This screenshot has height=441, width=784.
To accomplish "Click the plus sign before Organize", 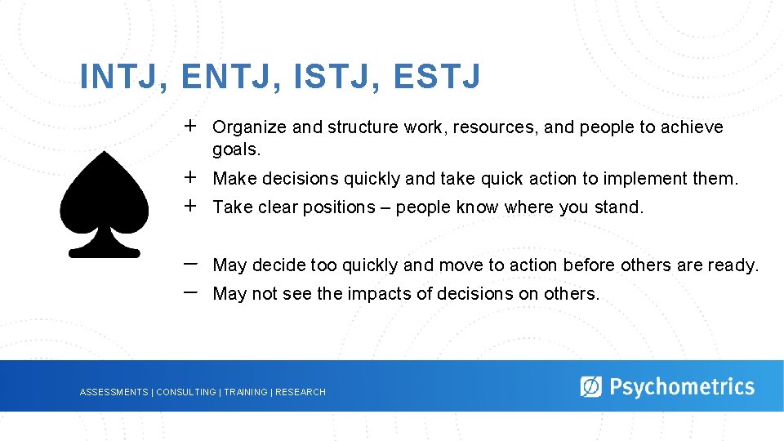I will pos(189,126).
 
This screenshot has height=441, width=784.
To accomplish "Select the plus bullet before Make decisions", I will pos(189,177).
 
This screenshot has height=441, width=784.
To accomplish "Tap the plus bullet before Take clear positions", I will pos(189,206).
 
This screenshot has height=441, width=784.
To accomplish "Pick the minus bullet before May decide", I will pos(189,264).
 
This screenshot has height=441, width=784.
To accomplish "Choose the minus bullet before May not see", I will pos(189,292).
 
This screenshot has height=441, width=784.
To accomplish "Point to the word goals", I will pos(236,149).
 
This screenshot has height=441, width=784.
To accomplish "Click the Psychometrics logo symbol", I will pos(590,386).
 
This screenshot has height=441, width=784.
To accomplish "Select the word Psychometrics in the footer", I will pos(682,386).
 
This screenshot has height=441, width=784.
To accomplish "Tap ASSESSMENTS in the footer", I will pos(114,393).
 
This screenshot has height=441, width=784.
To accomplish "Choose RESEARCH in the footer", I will pos(301,393).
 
